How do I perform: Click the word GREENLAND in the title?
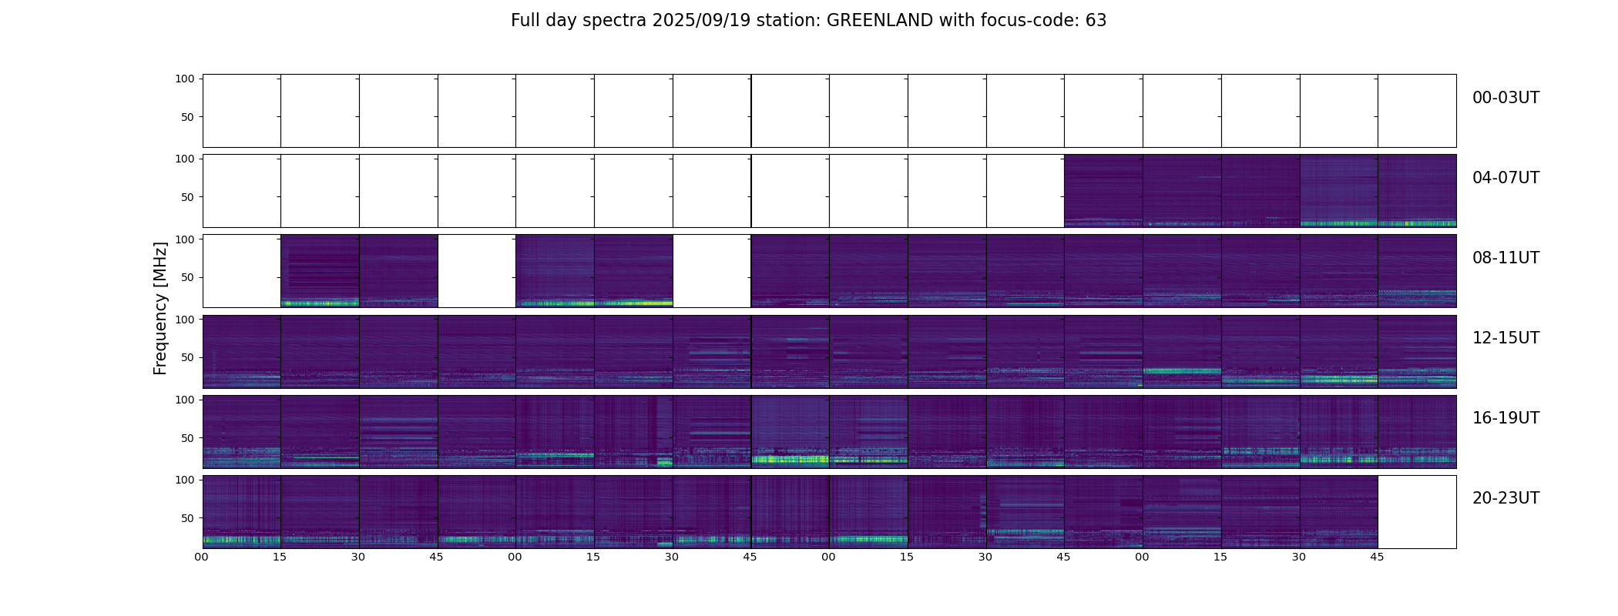tap(879, 21)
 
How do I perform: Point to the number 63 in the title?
tap(1096, 21)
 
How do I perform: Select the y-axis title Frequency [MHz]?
tap(160, 308)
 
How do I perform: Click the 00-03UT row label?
tap(1506, 98)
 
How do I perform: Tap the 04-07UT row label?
tap(1506, 178)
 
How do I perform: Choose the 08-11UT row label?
tap(1506, 258)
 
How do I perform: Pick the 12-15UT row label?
tap(1506, 338)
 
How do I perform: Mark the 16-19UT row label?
tap(1506, 418)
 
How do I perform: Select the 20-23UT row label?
tap(1506, 498)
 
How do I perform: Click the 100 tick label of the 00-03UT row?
tap(185, 79)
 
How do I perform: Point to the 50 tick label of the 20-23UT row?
tap(188, 518)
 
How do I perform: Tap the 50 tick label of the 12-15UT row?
tap(188, 357)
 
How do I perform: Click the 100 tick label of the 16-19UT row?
tap(185, 400)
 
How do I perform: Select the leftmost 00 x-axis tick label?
tap(202, 557)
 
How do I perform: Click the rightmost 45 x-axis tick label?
tap(1377, 557)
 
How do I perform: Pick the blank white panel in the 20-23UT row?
tap(1416, 512)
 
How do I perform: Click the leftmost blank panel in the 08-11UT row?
tap(241, 271)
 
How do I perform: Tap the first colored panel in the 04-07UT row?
tap(1103, 191)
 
